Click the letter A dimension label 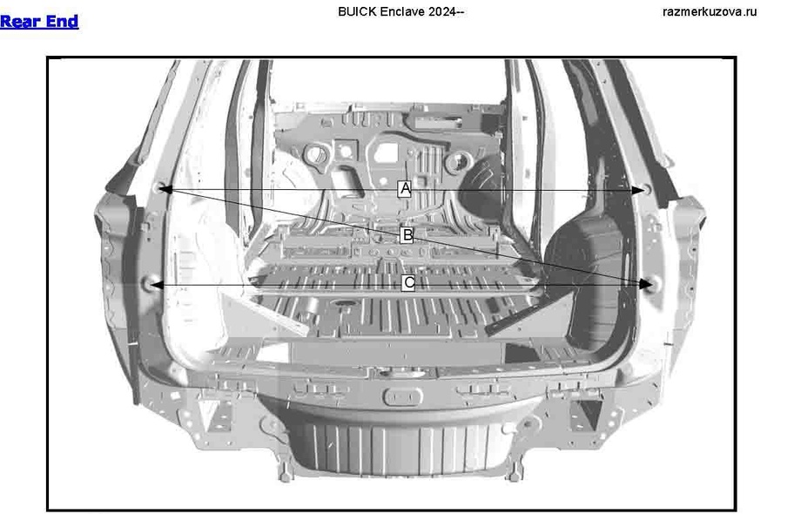pyautogui.click(x=404, y=188)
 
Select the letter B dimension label pyautogui.click(x=407, y=235)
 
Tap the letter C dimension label pyautogui.click(x=408, y=283)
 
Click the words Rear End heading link pyautogui.click(x=39, y=22)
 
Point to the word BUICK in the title pyautogui.click(x=354, y=11)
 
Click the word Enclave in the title pyautogui.click(x=400, y=11)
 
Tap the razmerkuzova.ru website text pyautogui.click(x=710, y=11)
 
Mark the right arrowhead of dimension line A pyautogui.click(x=640, y=189)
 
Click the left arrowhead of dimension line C pyautogui.click(x=154, y=284)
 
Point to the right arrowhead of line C pyautogui.click(x=645, y=284)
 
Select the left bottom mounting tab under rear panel pyautogui.click(x=284, y=470)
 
